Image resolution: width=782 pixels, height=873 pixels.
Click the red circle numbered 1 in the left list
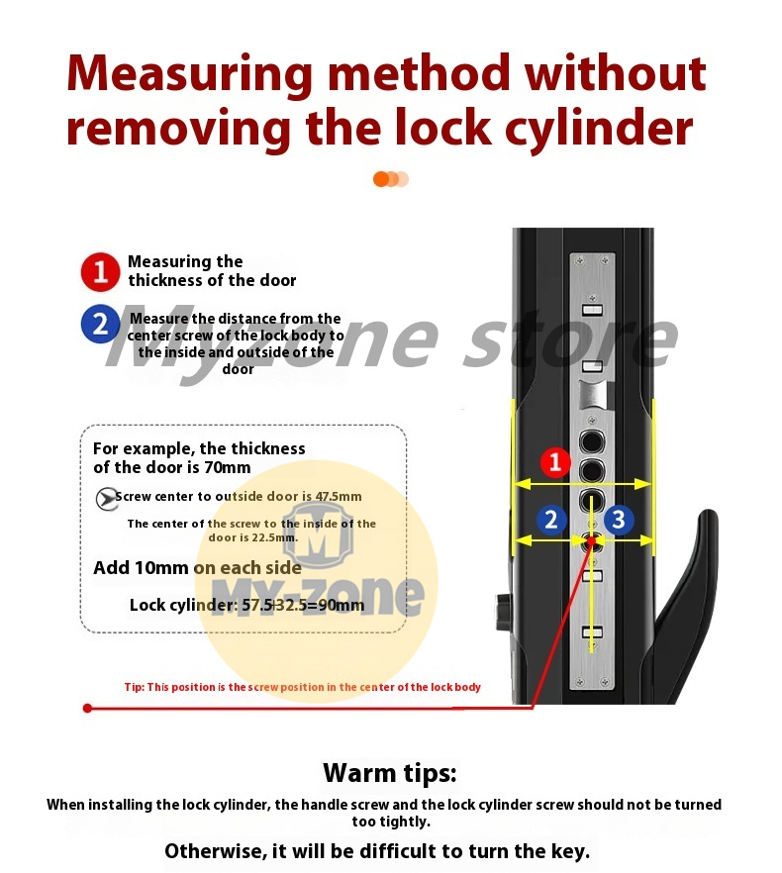pyautogui.click(x=100, y=271)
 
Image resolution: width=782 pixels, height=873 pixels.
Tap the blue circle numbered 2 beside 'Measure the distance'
pyautogui.click(x=100, y=326)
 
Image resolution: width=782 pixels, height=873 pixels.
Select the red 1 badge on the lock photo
pyautogui.click(x=556, y=462)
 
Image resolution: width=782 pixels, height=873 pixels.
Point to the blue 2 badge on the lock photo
pyautogui.click(x=551, y=519)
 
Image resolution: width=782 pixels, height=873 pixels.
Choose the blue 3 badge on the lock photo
pyautogui.click(x=619, y=519)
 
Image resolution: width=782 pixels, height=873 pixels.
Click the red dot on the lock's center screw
pyautogui.click(x=592, y=540)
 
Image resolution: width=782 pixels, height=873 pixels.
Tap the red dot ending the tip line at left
pyautogui.click(x=88, y=708)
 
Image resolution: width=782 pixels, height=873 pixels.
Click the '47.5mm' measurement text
pyautogui.click(x=339, y=497)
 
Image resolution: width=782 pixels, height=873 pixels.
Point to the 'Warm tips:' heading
pyautogui.click(x=390, y=773)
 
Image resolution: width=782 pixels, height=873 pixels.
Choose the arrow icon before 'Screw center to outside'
pyautogui.click(x=105, y=499)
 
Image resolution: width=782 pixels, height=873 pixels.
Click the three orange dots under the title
pyautogui.click(x=390, y=179)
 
